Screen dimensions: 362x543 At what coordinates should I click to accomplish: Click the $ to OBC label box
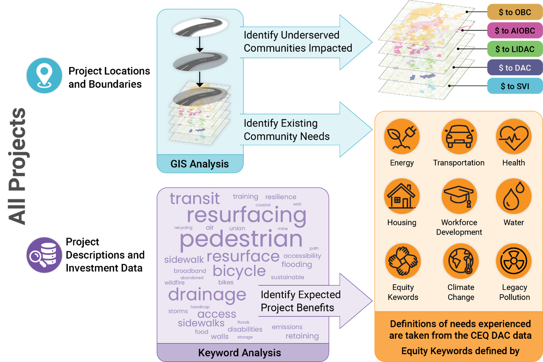514,12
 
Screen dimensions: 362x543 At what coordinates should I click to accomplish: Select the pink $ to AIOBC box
514,31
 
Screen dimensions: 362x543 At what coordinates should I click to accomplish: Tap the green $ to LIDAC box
514,50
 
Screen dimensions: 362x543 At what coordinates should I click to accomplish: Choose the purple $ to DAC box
514,68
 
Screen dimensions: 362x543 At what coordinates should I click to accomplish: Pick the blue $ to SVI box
514,87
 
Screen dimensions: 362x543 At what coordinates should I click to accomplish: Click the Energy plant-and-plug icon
402,137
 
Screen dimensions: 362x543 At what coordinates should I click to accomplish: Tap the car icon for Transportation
459,137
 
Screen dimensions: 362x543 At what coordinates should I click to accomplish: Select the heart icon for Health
513,137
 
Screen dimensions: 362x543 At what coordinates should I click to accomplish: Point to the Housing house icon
402,196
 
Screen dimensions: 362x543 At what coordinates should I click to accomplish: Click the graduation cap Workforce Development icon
459,196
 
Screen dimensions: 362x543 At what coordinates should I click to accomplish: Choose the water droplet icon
513,196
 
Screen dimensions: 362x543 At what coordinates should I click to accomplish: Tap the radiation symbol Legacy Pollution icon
513,261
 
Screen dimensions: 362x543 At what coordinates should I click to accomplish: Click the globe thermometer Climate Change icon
461,261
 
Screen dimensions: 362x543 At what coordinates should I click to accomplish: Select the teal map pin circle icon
44,76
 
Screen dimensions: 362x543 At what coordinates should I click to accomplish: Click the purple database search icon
44,255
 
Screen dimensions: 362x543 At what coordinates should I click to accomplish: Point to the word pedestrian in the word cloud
241,239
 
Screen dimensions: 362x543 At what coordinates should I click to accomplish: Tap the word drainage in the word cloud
207,295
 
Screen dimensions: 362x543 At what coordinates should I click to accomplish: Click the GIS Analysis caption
200,164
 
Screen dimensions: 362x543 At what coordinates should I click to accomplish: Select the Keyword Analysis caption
240,353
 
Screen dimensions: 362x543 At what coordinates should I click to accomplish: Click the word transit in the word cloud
195,198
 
